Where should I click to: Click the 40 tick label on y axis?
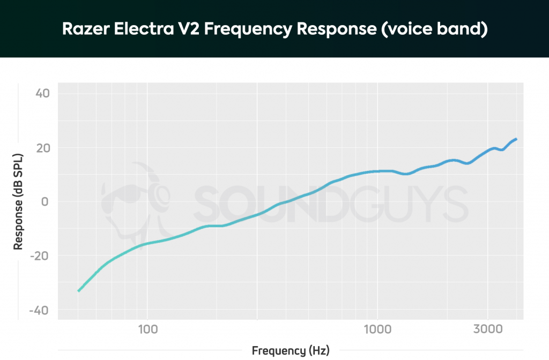42,93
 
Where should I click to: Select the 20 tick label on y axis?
42,148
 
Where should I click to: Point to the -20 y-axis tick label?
40,256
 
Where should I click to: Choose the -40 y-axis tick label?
40,311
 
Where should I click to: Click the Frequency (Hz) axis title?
291,351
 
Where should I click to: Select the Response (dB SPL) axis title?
19,202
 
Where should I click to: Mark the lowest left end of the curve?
79,291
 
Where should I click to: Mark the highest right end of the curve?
516,139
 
